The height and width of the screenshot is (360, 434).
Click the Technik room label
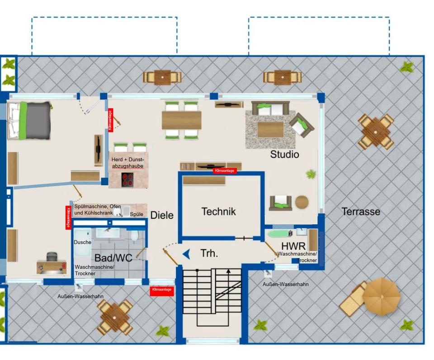(x=218, y=211)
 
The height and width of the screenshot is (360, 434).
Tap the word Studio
(x=284, y=154)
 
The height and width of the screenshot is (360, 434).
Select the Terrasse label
(x=361, y=211)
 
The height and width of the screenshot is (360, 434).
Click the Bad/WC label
(x=113, y=258)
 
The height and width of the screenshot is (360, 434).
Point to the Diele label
(x=162, y=215)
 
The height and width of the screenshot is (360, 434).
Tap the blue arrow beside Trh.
(x=186, y=255)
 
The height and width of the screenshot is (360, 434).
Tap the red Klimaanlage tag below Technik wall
(x=224, y=171)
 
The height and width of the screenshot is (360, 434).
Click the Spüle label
(x=137, y=214)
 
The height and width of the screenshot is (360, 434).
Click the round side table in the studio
(x=302, y=202)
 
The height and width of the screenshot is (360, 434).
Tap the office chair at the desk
(x=51, y=257)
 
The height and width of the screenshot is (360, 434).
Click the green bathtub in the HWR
(x=280, y=234)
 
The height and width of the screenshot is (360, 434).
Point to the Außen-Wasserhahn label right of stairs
(x=286, y=284)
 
